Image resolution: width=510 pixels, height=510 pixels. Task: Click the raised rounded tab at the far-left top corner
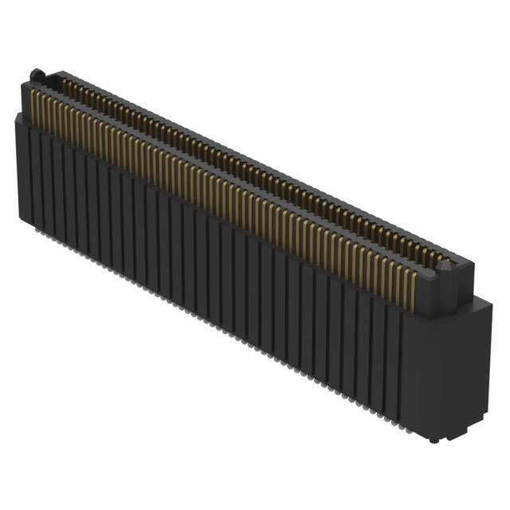(x=36, y=75)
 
